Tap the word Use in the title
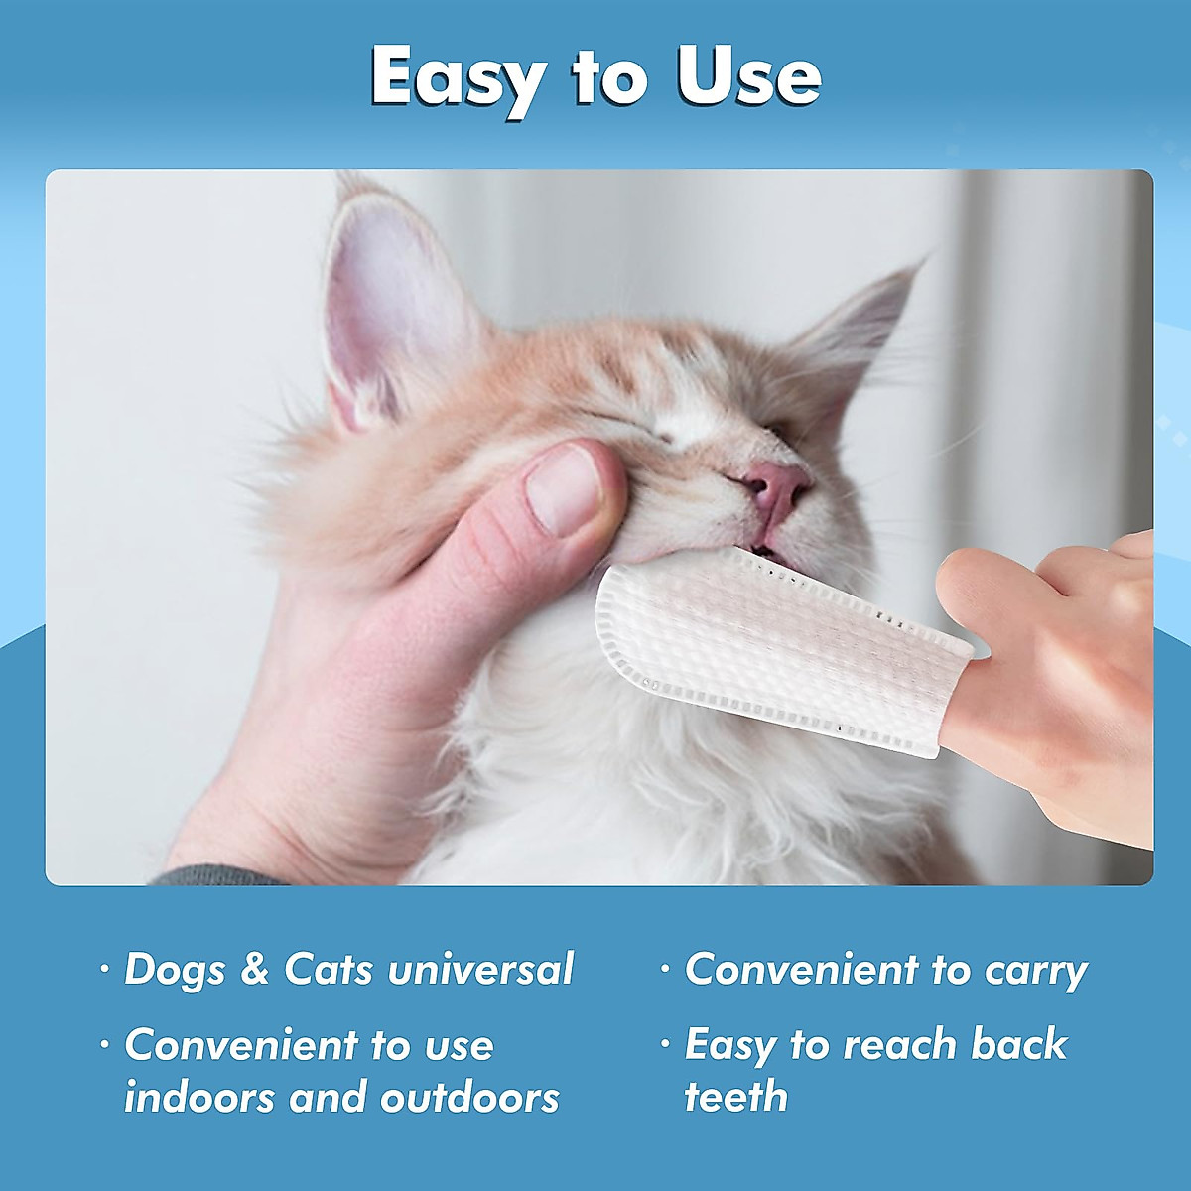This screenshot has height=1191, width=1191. [x=749, y=77]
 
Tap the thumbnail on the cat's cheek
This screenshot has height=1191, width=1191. [x=563, y=487]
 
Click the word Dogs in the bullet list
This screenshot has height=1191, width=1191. [x=175, y=970]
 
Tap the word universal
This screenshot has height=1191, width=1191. [x=481, y=970]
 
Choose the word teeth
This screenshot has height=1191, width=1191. [x=735, y=1097]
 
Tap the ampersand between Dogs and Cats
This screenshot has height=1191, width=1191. [x=255, y=970]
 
